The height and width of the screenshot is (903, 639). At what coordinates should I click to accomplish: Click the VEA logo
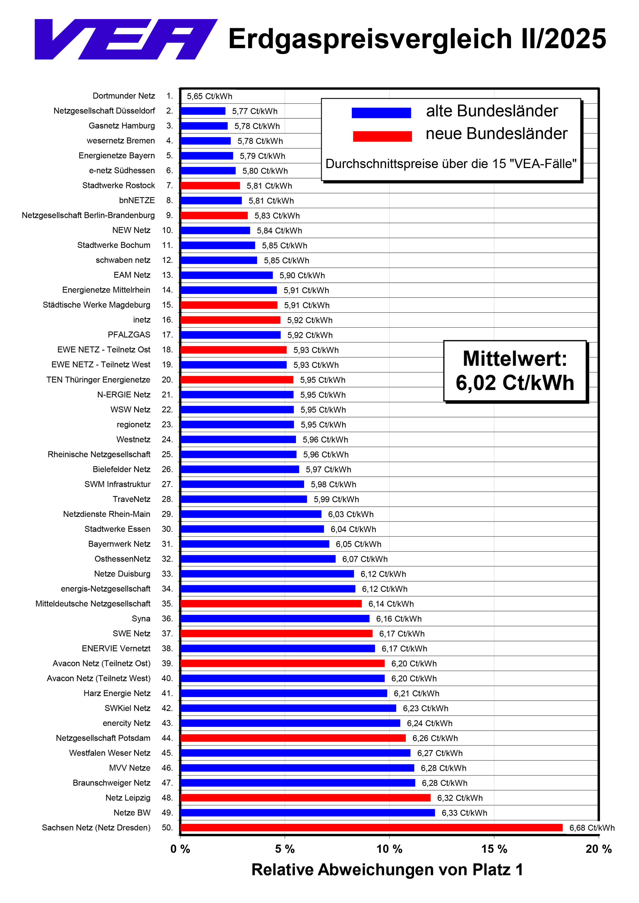coord(126,39)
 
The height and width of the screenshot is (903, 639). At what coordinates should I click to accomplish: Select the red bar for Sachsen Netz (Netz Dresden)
coord(371,827)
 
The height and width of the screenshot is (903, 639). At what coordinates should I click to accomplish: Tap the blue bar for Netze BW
coord(308,813)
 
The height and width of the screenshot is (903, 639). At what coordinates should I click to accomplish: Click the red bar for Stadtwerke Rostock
coord(210,186)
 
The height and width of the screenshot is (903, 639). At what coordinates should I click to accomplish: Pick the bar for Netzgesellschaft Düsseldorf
coord(203,111)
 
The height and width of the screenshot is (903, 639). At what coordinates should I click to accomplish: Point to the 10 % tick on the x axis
coord(389,837)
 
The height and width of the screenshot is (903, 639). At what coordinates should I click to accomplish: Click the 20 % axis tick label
coord(599,849)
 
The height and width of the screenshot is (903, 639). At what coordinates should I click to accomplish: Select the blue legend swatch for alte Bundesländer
coord(381,113)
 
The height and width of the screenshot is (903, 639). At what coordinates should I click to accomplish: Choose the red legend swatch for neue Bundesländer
coord(382,136)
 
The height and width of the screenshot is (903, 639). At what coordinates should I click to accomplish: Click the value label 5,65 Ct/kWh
coord(210,96)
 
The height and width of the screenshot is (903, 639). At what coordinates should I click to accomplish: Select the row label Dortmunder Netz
coord(124,96)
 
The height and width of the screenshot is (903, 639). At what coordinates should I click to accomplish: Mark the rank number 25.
coord(167,454)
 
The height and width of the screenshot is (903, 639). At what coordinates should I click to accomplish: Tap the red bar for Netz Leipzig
coord(305,798)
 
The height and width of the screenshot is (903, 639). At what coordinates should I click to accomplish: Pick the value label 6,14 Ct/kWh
coord(391,604)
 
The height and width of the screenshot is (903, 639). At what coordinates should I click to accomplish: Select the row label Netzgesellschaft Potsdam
coord(103,738)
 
